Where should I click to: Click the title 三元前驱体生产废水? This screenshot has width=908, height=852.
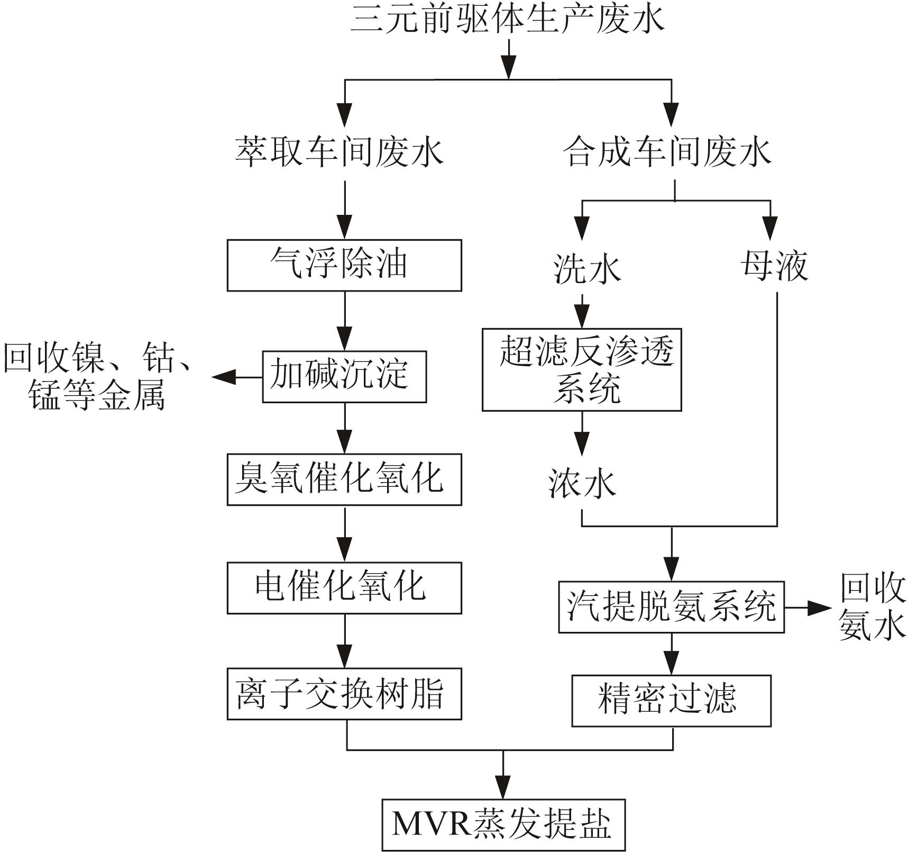507,20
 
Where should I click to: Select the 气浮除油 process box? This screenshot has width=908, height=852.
344,265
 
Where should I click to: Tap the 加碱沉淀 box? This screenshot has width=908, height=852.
344,376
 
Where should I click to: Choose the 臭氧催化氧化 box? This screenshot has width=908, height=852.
344,479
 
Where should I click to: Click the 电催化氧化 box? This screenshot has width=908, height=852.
344,588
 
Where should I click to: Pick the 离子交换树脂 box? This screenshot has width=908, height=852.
344,694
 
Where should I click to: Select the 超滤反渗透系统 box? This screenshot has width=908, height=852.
582,369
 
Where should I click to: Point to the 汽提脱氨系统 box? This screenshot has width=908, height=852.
671,607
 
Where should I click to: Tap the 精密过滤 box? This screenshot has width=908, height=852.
671,700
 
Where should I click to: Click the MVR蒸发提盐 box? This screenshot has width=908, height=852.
503,824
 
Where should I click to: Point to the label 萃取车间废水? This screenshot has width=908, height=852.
339,152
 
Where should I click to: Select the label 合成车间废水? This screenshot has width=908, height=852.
667,152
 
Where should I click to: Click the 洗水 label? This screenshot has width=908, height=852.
586,268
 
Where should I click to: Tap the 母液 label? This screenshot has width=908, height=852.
775,266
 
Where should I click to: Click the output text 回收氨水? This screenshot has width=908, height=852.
872,607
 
